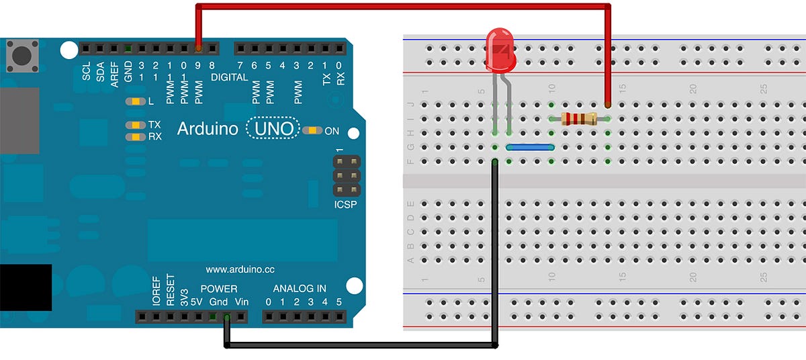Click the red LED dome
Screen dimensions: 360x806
click(x=500, y=50)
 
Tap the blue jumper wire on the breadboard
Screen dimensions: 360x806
click(x=529, y=147)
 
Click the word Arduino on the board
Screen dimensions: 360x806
click(x=208, y=128)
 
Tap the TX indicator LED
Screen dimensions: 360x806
click(x=136, y=125)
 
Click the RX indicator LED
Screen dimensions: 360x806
click(x=136, y=136)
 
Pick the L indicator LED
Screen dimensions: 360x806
click(x=136, y=101)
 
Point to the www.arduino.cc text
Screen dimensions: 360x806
click(x=240, y=269)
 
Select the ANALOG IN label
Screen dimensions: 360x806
click(x=300, y=289)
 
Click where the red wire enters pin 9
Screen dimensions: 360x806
click(x=198, y=48)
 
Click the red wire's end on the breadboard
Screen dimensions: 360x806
click(x=608, y=105)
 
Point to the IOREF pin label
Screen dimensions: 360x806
click(x=156, y=291)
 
